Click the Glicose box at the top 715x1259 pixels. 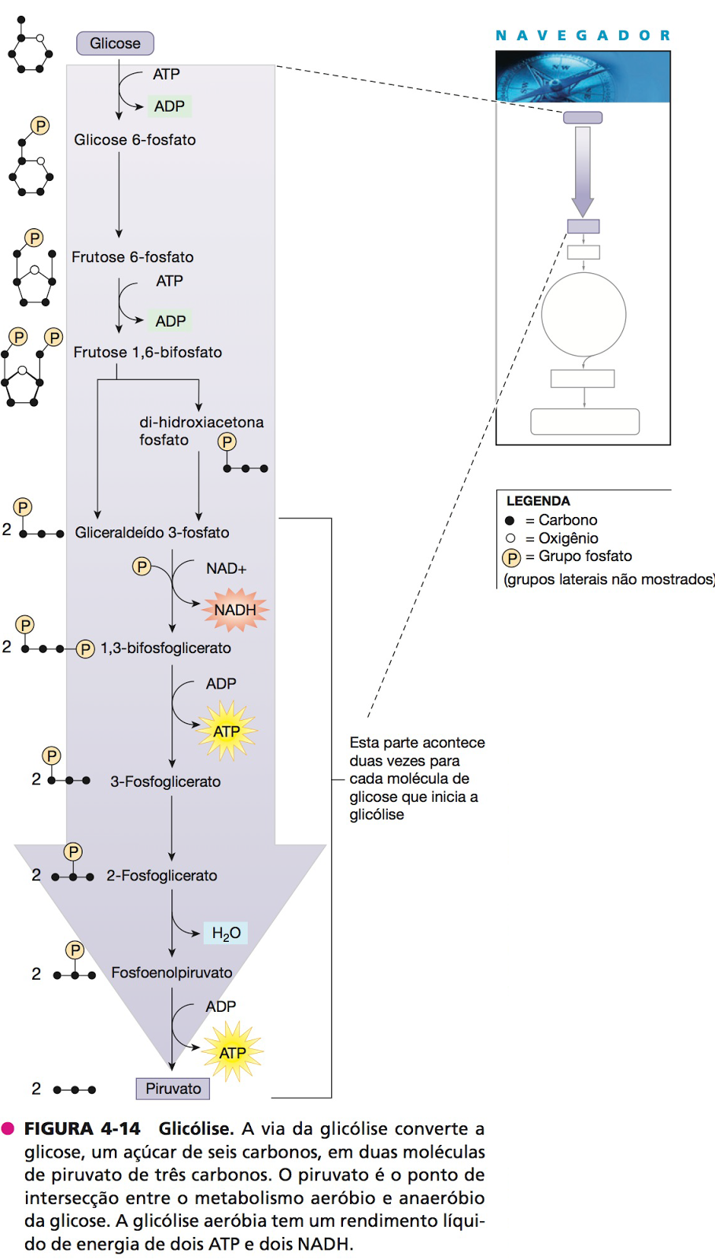pyautogui.click(x=115, y=43)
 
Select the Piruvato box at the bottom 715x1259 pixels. pyautogui.click(x=173, y=1088)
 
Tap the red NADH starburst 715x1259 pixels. pyautogui.click(x=235, y=610)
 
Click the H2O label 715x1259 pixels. pyautogui.click(x=226, y=933)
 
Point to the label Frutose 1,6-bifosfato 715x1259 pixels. pyautogui.click(x=148, y=353)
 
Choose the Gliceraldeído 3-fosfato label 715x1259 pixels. pyautogui.click(x=152, y=533)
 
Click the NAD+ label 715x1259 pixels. pyautogui.click(x=227, y=568)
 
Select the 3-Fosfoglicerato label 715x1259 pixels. pyautogui.click(x=165, y=781)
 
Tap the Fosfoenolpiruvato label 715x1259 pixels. pyautogui.click(x=171, y=973)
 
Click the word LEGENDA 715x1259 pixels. pyautogui.click(x=538, y=500)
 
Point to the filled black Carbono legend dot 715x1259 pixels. pyautogui.click(x=510, y=520)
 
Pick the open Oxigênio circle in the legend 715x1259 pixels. pyautogui.click(x=510, y=538)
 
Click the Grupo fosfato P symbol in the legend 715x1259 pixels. pyautogui.click(x=511, y=558)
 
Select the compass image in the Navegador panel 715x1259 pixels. pyautogui.click(x=583, y=77)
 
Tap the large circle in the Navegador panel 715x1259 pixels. pyautogui.click(x=584, y=315)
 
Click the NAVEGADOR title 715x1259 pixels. pyautogui.click(x=582, y=35)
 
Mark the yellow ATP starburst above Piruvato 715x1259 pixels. pyautogui.click(x=232, y=1052)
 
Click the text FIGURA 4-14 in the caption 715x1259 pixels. pyautogui.click(x=83, y=1128)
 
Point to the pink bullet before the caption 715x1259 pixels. pyautogui.click(x=9, y=1128)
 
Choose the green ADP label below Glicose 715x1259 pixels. pyautogui.click(x=169, y=106)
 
